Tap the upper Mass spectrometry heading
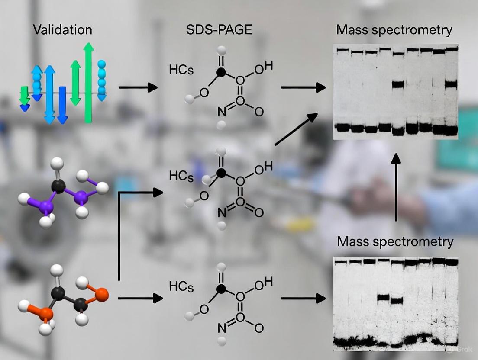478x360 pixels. [x=394, y=30]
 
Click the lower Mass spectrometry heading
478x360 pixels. [x=395, y=241]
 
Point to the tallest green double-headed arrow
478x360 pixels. [x=89, y=82]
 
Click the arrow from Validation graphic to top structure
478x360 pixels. [x=138, y=87]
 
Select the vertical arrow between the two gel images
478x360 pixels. [x=396, y=186]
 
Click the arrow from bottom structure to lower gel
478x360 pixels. [x=303, y=298]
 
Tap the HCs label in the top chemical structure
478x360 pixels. [x=181, y=70]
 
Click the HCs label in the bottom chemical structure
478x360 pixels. [x=181, y=287]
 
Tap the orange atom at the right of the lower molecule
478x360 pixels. [x=101, y=295]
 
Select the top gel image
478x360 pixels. [x=395, y=92]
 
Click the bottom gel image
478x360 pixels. [x=395, y=302]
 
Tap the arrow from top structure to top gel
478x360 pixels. [x=303, y=87]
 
